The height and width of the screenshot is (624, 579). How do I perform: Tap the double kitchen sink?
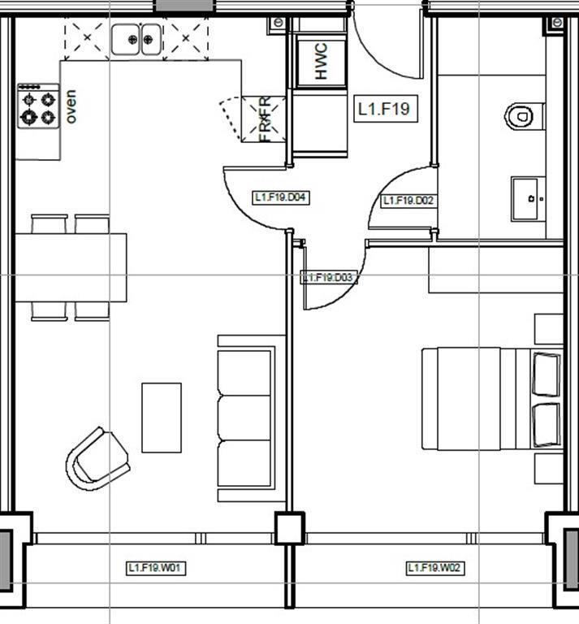click(136, 37)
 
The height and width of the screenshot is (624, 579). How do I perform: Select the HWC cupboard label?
click(320, 61)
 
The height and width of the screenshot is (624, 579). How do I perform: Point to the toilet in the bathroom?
click(519, 116)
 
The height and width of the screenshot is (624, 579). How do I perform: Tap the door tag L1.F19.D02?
click(409, 200)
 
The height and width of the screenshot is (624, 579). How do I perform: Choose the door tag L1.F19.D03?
click(329, 278)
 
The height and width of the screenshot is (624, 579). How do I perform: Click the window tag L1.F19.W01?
click(156, 568)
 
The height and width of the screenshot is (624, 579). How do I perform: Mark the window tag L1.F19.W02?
click(434, 568)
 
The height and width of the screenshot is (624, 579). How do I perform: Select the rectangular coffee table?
click(161, 417)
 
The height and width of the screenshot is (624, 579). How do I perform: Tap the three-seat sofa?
click(246, 418)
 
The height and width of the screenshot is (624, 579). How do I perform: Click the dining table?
click(71, 266)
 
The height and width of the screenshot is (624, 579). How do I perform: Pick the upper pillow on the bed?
click(546, 373)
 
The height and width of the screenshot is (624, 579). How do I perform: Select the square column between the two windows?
click(289, 528)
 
